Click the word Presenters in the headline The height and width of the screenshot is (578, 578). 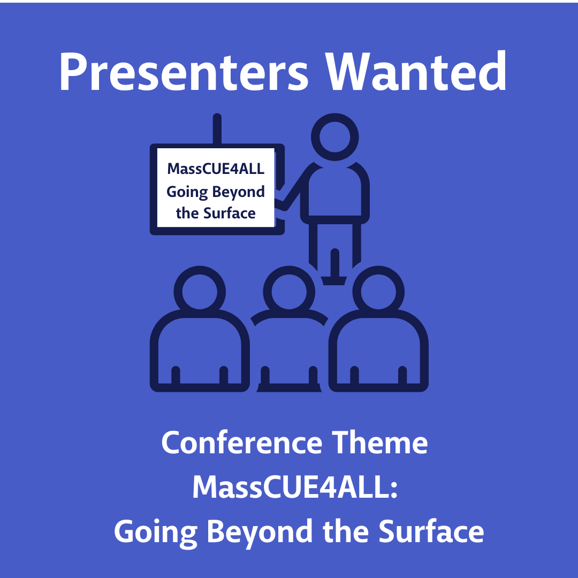tap(184, 72)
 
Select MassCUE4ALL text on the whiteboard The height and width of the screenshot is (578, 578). tap(216, 169)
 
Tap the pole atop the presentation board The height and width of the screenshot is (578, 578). tap(217, 129)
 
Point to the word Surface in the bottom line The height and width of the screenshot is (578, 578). tap(431, 531)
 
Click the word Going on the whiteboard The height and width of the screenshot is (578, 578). tap(187, 192)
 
